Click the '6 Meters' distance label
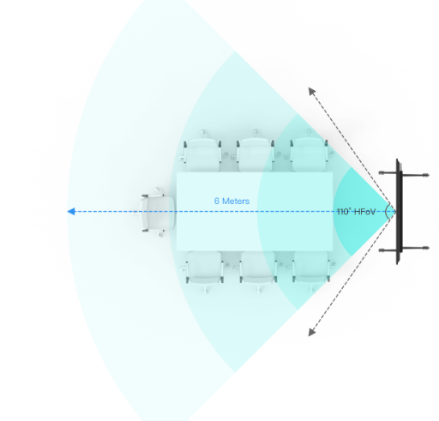232,201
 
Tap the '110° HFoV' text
356,212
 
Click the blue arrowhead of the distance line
71,212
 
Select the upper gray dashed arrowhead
312,91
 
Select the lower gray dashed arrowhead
312,332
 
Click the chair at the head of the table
156,213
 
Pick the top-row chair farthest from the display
201,152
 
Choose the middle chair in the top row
255,152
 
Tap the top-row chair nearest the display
309,152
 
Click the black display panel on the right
399,212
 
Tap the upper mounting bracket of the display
404,174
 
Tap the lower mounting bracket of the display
404,250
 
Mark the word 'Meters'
236,201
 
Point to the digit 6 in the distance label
217,201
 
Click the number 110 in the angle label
343,212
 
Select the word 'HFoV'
364,212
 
